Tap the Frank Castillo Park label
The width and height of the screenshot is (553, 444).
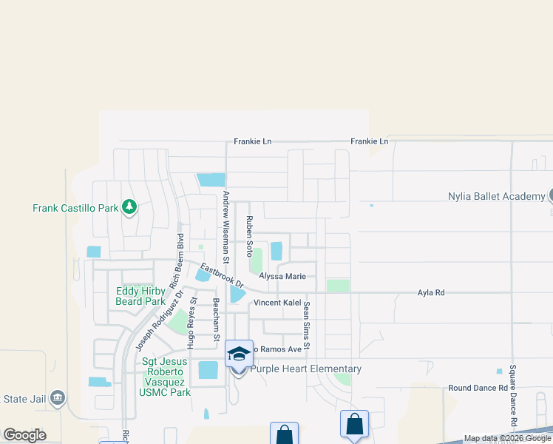click(x=75, y=208)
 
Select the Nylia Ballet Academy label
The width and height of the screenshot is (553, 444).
click(x=496, y=196)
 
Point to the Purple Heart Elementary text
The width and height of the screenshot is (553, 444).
click(x=306, y=369)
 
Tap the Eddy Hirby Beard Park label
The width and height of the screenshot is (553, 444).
click(x=140, y=296)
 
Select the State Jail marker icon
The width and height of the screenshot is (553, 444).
click(x=58, y=399)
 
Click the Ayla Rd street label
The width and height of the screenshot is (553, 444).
click(x=431, y=293)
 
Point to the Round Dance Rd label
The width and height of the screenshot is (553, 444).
click(x=478, y=388)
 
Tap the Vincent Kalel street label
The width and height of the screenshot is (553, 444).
click(x=277, y=303)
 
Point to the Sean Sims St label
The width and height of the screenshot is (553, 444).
click(x=306, y=326)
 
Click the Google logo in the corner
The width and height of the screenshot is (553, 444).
click(x=24, y=434)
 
